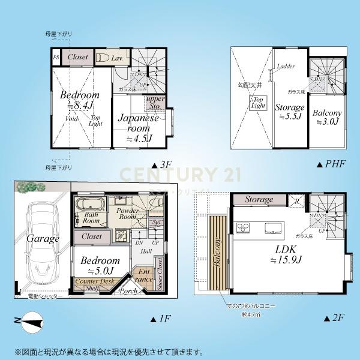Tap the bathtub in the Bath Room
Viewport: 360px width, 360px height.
(91, 202)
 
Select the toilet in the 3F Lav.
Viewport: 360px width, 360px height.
(101, 58)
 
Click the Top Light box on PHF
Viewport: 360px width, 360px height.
(259, 102)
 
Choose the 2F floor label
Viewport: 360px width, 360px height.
(335, 319)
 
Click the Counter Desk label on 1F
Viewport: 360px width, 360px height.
(95, 281)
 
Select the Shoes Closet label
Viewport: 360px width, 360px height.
(159, 273)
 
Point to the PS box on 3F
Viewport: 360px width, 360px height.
(56, 58)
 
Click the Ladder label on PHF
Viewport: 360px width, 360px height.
(286, 67)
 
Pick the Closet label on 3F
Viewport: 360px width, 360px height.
(78, 57)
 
